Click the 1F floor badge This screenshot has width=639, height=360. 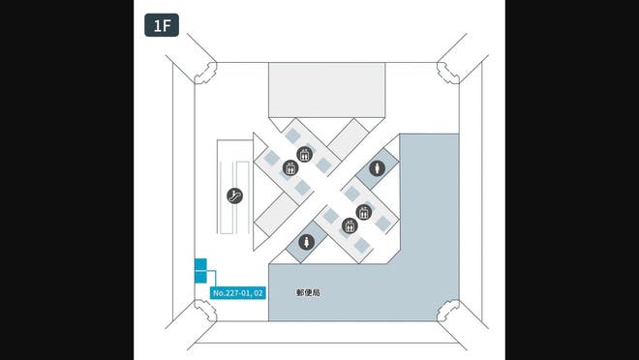162,25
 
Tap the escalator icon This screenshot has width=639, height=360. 233,195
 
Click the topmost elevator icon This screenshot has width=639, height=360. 304,155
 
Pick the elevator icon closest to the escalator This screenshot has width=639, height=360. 289,169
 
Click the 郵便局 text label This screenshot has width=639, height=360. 309,290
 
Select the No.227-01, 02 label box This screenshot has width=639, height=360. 237,291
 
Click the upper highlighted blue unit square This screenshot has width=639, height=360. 200,264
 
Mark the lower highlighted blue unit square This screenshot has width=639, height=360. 200,277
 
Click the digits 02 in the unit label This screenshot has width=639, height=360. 259,291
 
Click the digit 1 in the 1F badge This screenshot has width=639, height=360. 156,25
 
